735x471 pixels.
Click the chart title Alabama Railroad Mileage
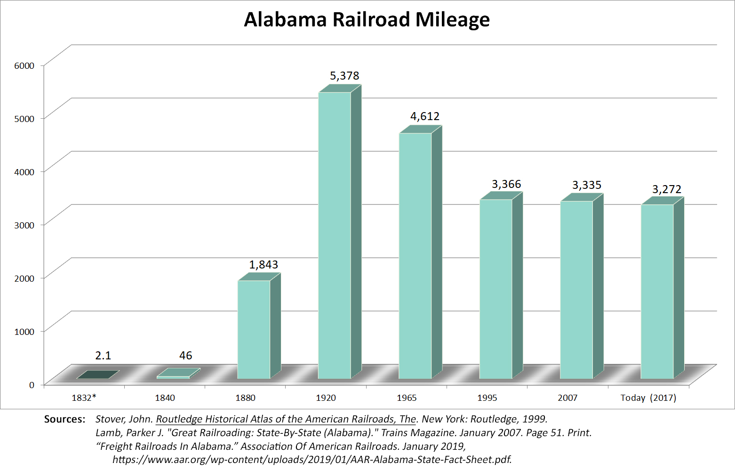[x=367, y=20]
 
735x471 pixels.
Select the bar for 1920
[x=335, y=235]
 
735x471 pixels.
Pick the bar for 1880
[x=254, y=329]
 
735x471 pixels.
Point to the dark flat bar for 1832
[x=97, y=375]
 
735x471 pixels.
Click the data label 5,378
[x=344, y=76]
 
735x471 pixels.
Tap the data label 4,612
[x=425, y=116]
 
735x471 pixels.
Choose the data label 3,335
[x=587, y=185]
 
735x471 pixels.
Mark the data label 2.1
[x=103, y=356]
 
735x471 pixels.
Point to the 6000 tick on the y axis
[x=24, y=65]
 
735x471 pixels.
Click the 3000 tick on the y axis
[x=24, y=225]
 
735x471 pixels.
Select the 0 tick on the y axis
[x=32, y=385]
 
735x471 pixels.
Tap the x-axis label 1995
[x=487, y=398]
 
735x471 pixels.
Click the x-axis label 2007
[x=567, y=398]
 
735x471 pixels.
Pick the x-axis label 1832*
[x=84, y=398]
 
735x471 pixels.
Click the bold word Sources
[x=64, y=419]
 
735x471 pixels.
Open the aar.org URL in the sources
[x=312, y=460]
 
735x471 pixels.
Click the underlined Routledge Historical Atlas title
[x=286, y=419]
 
